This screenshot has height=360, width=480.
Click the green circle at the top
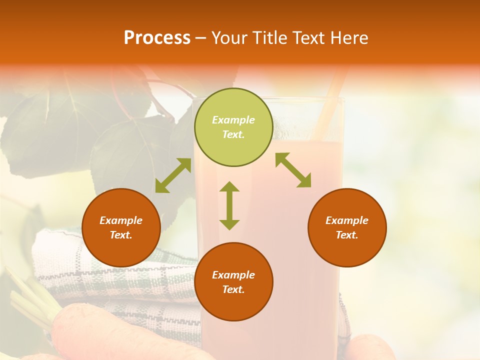[233, 127]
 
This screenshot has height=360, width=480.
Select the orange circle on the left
[121, 227]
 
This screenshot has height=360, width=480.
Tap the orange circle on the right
[347, 227]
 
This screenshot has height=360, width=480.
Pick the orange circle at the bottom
[233, 282]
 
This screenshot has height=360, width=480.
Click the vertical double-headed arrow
[229, 205]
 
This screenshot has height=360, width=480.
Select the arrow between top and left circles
[173, 175]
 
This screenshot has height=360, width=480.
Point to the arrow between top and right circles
[293, 170]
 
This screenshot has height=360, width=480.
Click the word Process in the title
[157, 37]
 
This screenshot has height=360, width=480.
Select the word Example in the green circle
[233, 120]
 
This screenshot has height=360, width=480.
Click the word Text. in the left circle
[121, 235]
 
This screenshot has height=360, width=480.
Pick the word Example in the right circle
[347, 220]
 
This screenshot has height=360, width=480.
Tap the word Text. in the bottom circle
[233, 289]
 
